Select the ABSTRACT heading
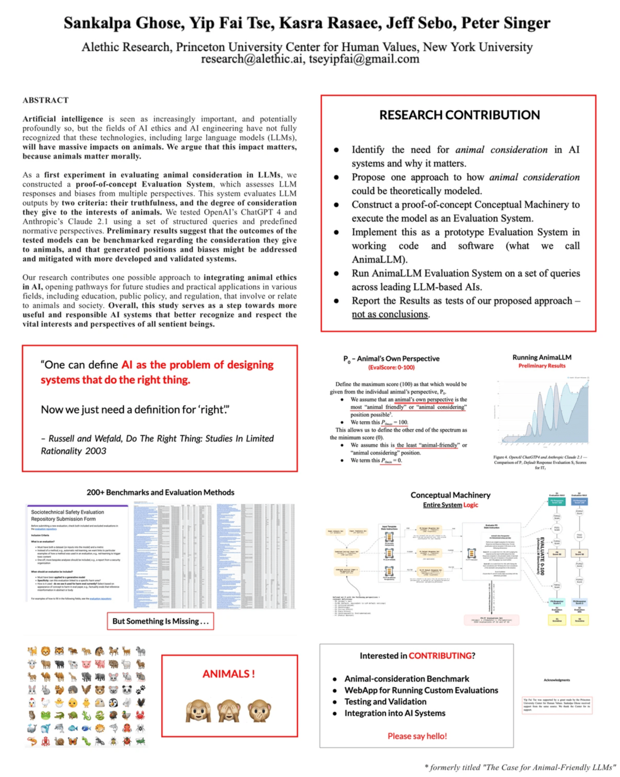coord(46,100)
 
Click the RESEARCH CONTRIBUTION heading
coord(459,115)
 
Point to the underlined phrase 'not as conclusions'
coord(390,314)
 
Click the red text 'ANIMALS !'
coord(228,674)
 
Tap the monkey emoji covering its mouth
coord(259,711)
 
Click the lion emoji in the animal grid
coord(46,652)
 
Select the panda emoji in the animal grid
coord(127,689)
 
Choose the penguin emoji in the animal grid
coord(113,703)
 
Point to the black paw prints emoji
coord(140,689)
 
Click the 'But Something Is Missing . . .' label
coord(160,621)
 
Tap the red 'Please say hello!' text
coord(417,736)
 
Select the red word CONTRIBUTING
coord(440,656)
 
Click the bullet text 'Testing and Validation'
coord(385,702)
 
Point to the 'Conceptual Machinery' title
coord(450,495)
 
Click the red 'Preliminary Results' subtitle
coord(542,366)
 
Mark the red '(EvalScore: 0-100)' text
coord(391,367)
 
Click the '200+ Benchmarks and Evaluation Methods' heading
coord(160,493)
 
